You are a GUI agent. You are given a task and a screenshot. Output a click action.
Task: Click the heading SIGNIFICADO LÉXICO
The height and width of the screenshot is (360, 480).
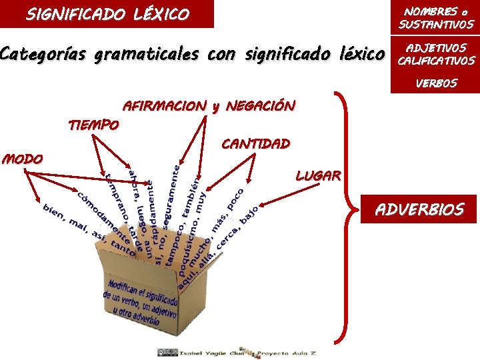pyautogui.click(x=107, y=13)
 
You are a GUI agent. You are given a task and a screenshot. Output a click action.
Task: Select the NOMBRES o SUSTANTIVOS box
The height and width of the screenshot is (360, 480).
pyautogui.click(x=436, y=19)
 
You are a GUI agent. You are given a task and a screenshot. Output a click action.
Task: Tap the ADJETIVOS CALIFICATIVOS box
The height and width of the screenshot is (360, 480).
pyautogui.click(x=436, y=55)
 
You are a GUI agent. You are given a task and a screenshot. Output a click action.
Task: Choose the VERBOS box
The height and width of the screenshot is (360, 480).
pyautogui.click(x=436, y=84)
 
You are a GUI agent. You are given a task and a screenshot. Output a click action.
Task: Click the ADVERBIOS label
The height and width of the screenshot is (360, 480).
pyautogui.click(x=419, y=210)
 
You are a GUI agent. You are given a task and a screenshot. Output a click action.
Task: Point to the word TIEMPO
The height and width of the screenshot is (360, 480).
pyautogui.click(x=94, y=125)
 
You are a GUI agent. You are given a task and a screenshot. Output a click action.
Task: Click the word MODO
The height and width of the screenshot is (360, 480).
pyautogui.click(x=23, y=159)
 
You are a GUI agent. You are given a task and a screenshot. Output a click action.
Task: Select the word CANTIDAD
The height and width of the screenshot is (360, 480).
pyautogui.click(x=255, y=143)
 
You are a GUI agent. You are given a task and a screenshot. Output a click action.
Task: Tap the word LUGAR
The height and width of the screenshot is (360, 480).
pyautogui.click(x=318, y=176)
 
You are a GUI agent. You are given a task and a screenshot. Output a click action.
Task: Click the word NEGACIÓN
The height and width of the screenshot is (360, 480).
pyautogui.click(x=260, y=106)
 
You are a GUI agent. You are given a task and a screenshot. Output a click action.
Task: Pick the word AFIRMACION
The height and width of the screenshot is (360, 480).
pyautogui.click(x=165, y=106)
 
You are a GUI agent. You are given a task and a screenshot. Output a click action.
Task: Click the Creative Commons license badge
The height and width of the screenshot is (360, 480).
pyautogui.click(x=168, y=352)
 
